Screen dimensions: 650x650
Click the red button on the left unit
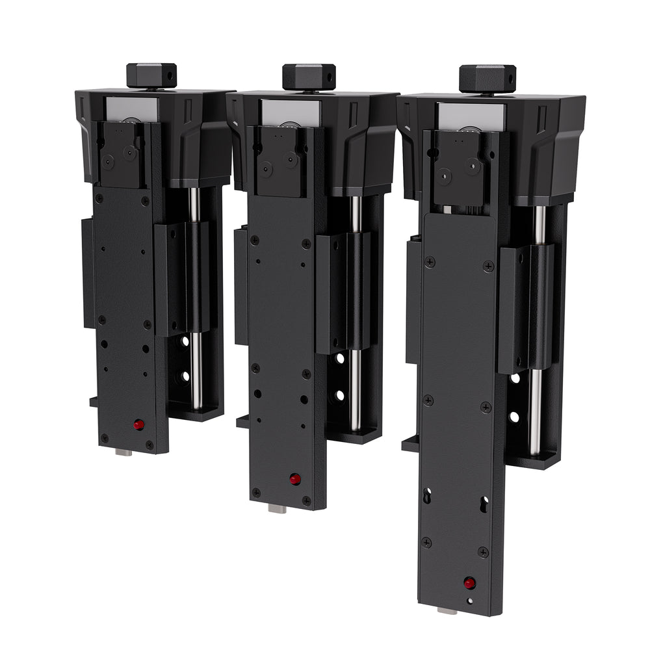(138, 425)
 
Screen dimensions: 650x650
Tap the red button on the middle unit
(294, 479)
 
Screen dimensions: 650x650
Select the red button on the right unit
(469, 582)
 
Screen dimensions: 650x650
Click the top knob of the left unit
(151, 75)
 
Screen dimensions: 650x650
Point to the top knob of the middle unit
(309, 76)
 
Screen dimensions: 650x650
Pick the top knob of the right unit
(487, 78)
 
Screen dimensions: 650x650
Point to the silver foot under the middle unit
(277, 509)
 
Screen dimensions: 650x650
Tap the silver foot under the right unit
(447, 611)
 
